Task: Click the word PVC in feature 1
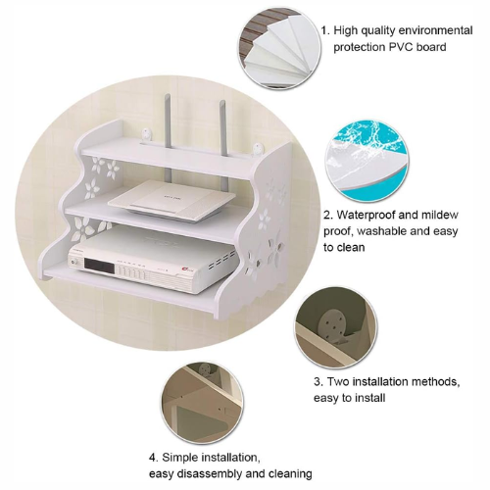pos(401,47)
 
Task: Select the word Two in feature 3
pos(338,381)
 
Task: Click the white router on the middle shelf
pos(171,199)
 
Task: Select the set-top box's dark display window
pos(99,267)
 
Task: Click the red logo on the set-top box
pos(185,270)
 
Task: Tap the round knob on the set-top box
pos(75,262)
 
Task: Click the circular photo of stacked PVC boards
pos(279,48)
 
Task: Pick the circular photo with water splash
pos(367,161)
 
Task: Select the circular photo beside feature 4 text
pos(202,403)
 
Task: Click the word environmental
pos(435,30)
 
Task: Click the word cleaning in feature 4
pos(290,473)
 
